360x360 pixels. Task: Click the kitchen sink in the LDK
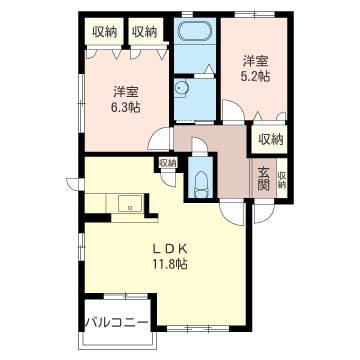(127, 205)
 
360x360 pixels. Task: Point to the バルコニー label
(116, 322)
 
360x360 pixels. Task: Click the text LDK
(170, 248)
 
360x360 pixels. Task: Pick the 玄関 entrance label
(263, 177)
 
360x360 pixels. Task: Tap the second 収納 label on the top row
(144, 31)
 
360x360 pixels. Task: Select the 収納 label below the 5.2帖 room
(269, 140)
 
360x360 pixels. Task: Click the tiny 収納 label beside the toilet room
(166, 163)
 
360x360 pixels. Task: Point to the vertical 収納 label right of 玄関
(282, 179)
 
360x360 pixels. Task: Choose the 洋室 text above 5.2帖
(254, 57)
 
